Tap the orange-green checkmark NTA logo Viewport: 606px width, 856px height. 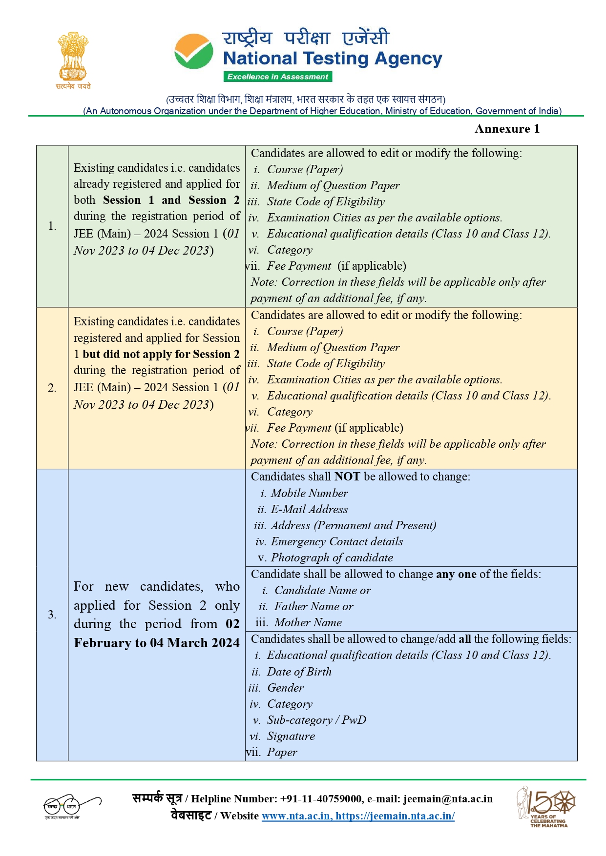(x=194, y=52)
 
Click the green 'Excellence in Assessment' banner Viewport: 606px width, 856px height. (x=278, y=77)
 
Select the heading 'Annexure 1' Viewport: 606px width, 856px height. (x=507, y=129)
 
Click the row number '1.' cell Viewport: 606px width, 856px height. (x=52, y=226)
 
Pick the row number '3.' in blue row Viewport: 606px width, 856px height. (x=52, y=615)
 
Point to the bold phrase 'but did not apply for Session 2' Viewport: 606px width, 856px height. (x=161, y=354)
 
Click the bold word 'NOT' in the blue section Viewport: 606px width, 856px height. (x=347, y=477)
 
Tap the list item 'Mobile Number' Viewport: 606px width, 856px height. (x=309, y=493)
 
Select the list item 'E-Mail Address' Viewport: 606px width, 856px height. (x=309, y=509)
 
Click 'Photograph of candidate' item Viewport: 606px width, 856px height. (x=332, y=557)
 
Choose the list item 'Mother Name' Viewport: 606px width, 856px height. (x=308, y=622)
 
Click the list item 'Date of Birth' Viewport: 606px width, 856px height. (x=299, y=672)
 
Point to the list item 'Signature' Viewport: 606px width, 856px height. (x=291, y=736)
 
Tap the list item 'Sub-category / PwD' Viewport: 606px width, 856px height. (x=316, y=720)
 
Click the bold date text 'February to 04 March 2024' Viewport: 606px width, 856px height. (x=157, y=643)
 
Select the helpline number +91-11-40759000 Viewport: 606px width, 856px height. (x=321, y=799)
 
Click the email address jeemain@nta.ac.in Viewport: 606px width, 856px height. (x=448, y=799)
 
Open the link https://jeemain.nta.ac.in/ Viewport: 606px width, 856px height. (x=395, y=816)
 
